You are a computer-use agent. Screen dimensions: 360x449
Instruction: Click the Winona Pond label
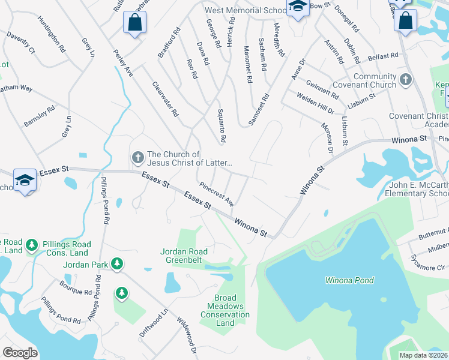(349, 280)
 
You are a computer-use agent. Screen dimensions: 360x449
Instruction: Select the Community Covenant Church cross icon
(406, 80)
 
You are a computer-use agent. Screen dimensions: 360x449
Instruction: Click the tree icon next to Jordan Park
(118, 263)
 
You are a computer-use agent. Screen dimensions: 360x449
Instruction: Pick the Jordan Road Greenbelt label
(184, 256)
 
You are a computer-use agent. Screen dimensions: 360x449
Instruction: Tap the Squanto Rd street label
(220, 130)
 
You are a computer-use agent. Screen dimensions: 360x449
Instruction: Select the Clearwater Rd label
(166, 99)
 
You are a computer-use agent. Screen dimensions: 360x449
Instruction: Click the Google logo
(20, 352)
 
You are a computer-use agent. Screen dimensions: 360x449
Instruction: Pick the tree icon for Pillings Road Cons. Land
(32, 245)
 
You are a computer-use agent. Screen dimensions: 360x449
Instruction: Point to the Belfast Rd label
(384, 56)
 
